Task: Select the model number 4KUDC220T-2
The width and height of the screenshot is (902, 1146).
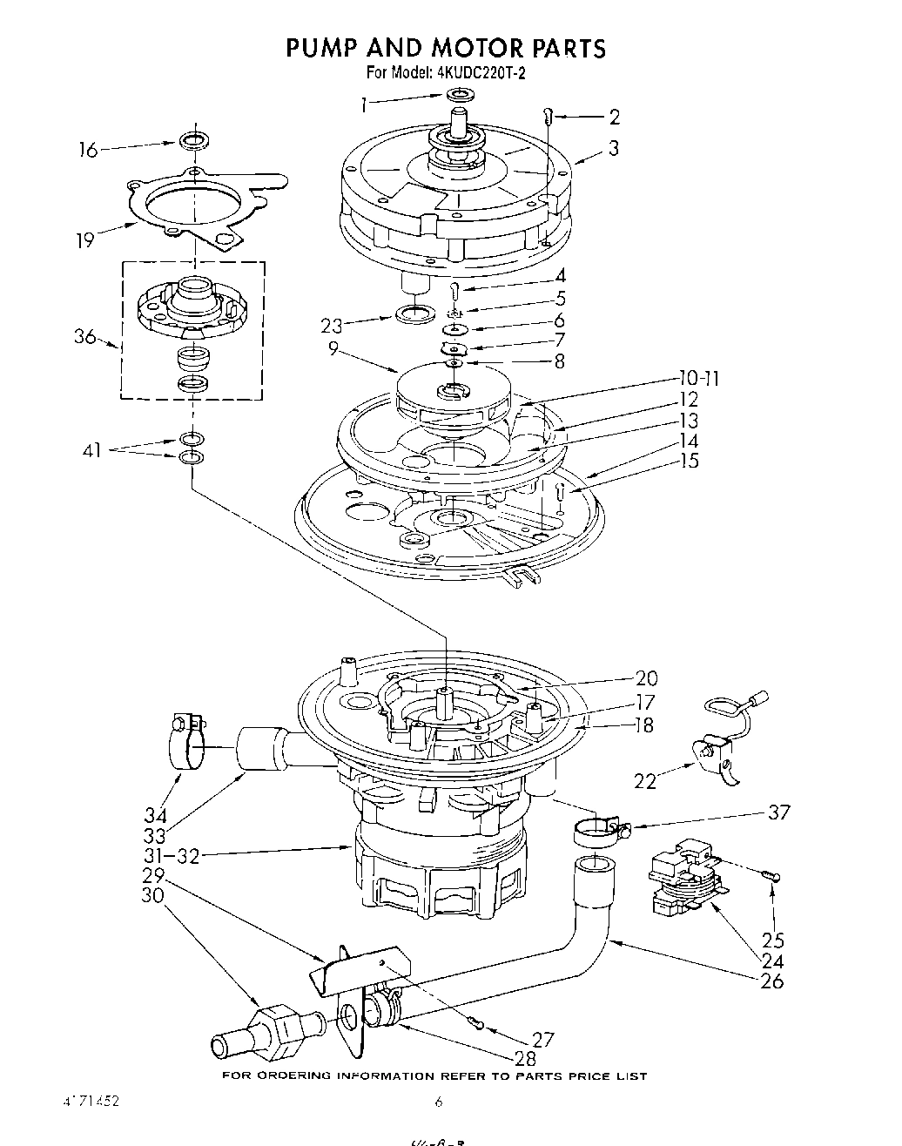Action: click(x=478, y=73)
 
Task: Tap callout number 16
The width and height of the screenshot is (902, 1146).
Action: click(x=88, y=150)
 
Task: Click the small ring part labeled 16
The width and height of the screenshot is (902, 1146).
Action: click(x=194, y=139)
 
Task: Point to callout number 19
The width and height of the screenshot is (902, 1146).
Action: click(x=84, y=239)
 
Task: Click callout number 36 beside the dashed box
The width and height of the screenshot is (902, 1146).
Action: click(x=84, y=336)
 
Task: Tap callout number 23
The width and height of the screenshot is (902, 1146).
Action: click(x=331, y=327)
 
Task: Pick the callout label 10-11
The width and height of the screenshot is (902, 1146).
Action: click(x=698, y=379)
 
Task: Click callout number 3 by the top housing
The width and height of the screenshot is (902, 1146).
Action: click(x=614, y=148)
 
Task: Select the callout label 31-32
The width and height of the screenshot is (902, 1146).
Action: click(x=172, y=856)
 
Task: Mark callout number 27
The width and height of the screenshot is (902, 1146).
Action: click(x=542, y=1038)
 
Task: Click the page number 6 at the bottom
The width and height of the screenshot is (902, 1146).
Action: click(x=440, y=1102)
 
